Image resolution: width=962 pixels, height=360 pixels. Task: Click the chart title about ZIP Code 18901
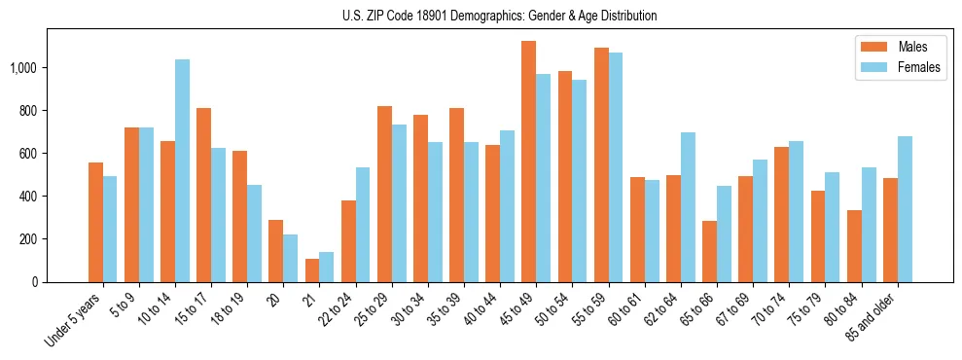pos(499,16)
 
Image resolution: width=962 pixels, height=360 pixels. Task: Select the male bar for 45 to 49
pos(528,162)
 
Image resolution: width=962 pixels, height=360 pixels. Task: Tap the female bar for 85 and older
pos(905,209)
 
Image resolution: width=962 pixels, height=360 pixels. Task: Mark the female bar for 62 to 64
pos(688,207)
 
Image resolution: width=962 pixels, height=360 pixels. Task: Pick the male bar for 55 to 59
pos(601,164)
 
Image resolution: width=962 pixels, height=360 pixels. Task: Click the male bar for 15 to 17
pos(203,195)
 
